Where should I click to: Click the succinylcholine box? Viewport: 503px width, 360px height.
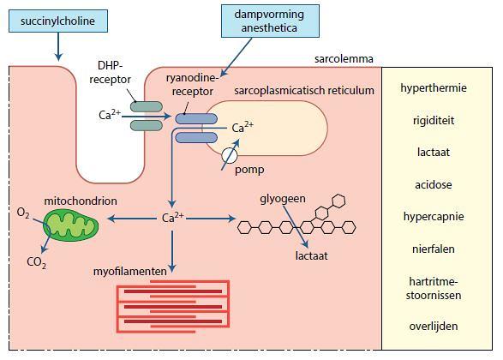click(58, 21)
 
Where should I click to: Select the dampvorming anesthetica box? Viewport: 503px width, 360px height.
click(270, 21)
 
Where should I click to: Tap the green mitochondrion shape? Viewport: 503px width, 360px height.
click(70, 225)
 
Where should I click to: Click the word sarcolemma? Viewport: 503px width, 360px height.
click(344, 59)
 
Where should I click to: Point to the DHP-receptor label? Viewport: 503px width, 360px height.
click(110, 73)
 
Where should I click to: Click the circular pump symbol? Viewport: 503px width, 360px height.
click(230, 155)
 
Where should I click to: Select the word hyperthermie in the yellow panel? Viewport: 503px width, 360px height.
click(434, 88)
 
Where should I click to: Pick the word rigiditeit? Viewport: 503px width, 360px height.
click(434, 121)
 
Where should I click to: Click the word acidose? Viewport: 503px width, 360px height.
click(434, 185)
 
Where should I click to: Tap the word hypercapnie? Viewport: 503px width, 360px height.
click(434, 217)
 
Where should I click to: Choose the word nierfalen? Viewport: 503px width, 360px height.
click(434, 249)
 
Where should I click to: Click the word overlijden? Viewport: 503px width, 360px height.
click(434, 327)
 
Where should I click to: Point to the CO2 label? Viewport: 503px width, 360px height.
click(36, 262)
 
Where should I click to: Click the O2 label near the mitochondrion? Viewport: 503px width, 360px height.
click(23, 213)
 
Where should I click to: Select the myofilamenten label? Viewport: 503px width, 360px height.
click(130, 272)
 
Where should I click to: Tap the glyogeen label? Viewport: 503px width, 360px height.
click(283, 199)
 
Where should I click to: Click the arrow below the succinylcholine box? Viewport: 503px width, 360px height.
click(58, 47)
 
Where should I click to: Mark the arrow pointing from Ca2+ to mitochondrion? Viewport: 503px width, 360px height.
click(132, 219)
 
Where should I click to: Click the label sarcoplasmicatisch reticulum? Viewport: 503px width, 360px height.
click(304, 91)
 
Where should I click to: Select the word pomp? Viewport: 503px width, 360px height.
click(249, 170)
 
